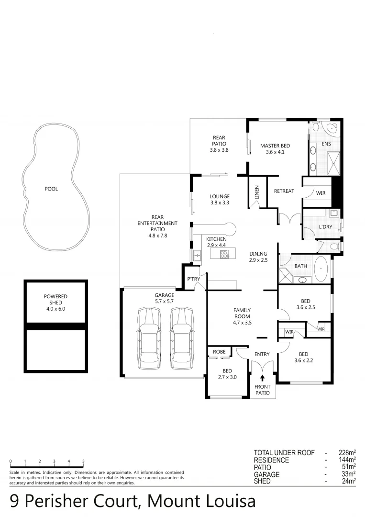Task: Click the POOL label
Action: pyautogui.click(x=51, y=189)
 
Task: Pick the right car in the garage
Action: pyautogui.click(x=181, y=338)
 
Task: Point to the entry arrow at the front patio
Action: pyautogui.click(x=262, y=378)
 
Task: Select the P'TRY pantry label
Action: pyautogui.click(x=193, y=279)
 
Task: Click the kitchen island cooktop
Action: pyautogui.click(x=223, y=254)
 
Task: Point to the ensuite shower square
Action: pyautogui.click(x=333, y=162)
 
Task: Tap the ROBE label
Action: pyautogui.click(x=219, y=352)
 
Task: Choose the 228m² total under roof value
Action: pyautogui.click(x=347, y=453)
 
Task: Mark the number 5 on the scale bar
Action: pyautogui.click(x=84, y=461)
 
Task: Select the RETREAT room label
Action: pyautogui.click(x=284, y=191)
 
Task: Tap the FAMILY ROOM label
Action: pyautogui.click(x=242, y=316)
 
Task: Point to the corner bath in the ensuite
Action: pyautogui.click(x=331, y=128)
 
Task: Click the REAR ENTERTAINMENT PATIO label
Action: pyautogui.click(x=157, y=226)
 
